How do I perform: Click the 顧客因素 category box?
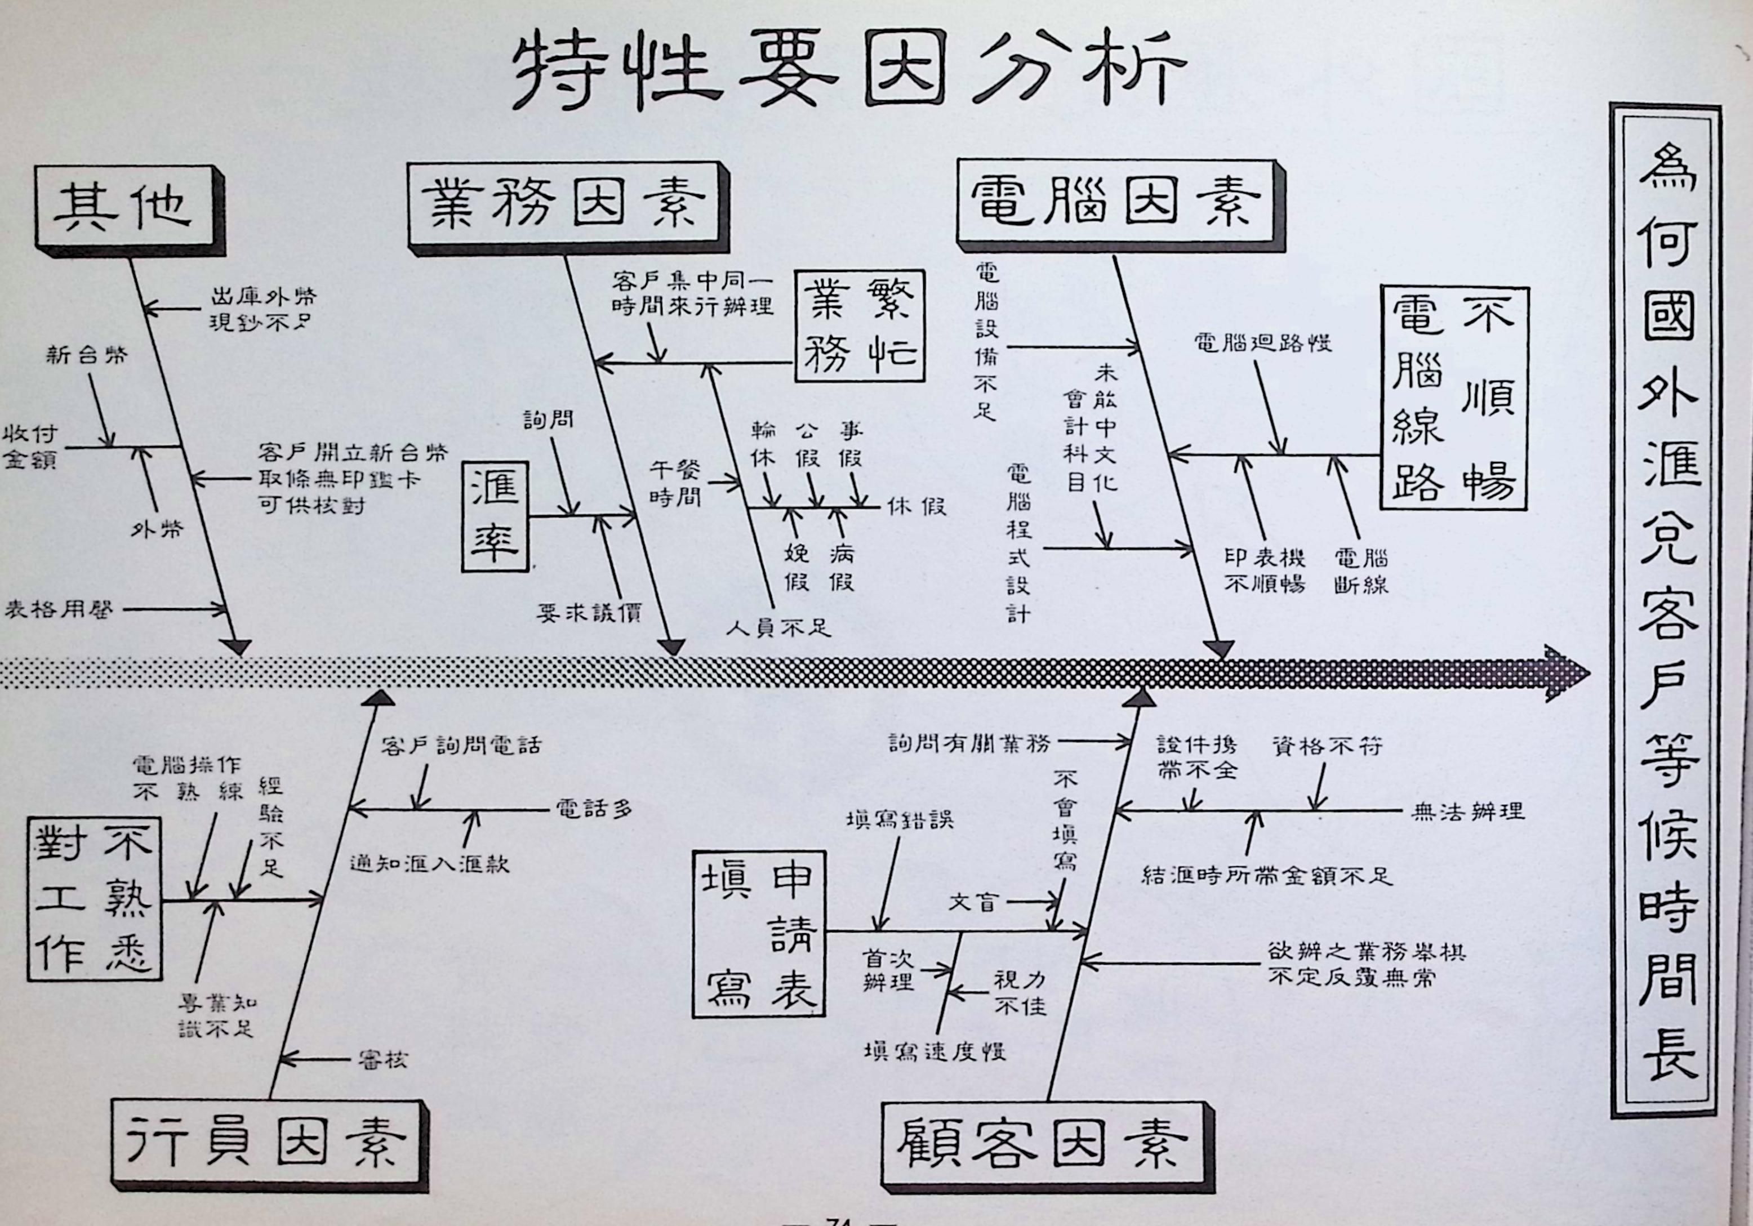[1042, 1142]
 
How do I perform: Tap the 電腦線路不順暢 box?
[1452, 398]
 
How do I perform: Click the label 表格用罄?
[60, 609]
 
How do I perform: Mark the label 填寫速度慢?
[935, 1051]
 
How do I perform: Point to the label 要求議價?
[589, 612]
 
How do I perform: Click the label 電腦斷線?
[1360, 571]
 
